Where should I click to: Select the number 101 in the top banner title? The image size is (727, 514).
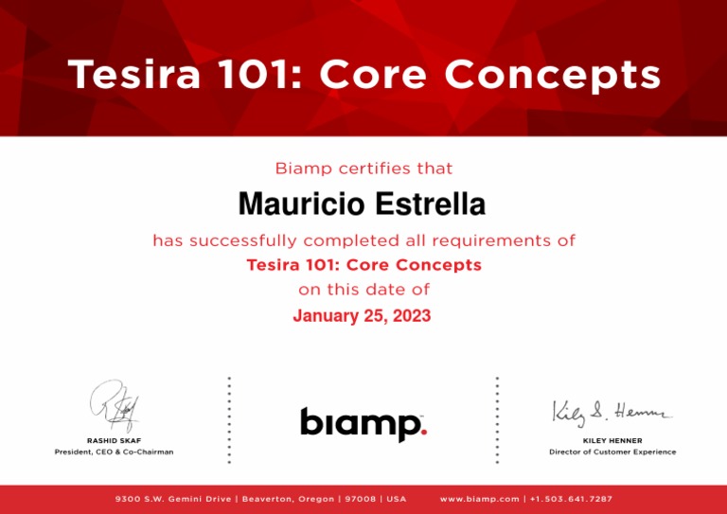(x=258, y=75)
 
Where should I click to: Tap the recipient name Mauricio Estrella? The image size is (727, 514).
(x=362, y=204)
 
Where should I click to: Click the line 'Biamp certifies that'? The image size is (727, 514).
(x=363, y=169)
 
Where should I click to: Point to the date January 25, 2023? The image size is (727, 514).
(x=362, y=316)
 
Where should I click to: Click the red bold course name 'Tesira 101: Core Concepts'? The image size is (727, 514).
(x=363, y=265)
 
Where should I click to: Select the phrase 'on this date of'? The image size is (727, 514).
(x=363, y=290)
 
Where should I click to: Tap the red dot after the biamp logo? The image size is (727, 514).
(x=423, y=433)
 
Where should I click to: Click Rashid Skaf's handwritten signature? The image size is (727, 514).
(x=115, y=406)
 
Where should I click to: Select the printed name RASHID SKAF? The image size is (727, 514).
(x=114, y=440)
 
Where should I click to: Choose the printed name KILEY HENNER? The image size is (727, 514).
(x=612, y=440)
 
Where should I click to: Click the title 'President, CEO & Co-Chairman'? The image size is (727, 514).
(x=114, y=452)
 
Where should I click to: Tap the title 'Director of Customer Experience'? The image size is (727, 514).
(x=612, y=452)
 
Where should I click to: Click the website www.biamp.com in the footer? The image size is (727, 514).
(x=480, y=499)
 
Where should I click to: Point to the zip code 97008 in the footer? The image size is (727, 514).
(x=358, y=499)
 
